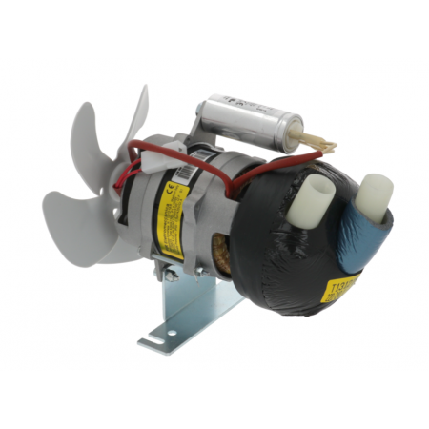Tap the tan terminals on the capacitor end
[320, 144]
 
